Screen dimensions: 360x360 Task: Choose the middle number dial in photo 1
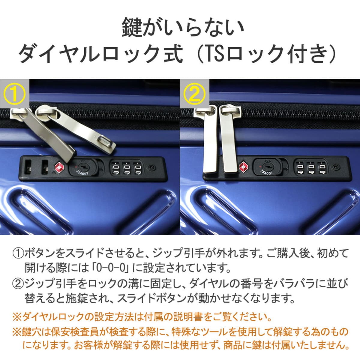127,169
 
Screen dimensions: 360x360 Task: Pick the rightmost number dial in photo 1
138,169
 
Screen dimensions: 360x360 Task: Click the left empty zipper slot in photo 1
28,167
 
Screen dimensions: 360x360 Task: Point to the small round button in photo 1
151,167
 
